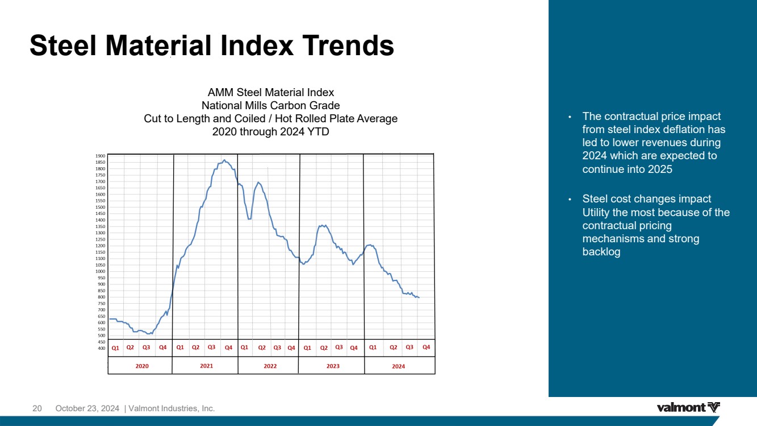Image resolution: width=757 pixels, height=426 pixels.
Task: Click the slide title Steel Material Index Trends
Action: pos(211,46)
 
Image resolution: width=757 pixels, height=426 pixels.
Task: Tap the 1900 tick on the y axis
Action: pos(100,155)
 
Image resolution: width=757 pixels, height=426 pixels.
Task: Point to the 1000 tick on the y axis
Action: pos(100,271)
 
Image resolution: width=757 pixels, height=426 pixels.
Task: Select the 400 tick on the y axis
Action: pos(101,348)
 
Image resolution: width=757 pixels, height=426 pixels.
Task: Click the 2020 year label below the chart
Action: pos(142,366)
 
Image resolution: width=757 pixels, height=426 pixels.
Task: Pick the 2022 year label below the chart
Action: pos(270,366)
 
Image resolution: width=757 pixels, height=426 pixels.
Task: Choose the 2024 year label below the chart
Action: pos(399,366)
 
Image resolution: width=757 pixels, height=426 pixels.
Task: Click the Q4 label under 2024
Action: pos(426,347)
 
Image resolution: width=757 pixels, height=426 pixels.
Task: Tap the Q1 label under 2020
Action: pos(115,348)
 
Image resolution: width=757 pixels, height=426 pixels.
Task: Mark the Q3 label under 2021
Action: pos(211,347)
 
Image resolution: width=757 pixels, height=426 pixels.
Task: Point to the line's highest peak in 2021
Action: pos(224,160)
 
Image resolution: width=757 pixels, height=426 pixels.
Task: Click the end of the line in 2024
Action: pos(419,297)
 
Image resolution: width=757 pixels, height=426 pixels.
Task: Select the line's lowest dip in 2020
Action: pos(149,334)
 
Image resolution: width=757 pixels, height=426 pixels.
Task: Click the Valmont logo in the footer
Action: pos(688,407)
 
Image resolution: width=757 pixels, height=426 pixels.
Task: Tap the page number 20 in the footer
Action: pos(37,408)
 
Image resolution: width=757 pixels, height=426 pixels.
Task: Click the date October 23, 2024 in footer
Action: pos(87,408)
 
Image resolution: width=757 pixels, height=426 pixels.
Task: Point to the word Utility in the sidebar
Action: pos(597,213)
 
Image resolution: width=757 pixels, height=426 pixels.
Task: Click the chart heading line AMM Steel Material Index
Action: pos(271,92)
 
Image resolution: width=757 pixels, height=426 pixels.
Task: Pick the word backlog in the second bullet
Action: pos(601,252)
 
